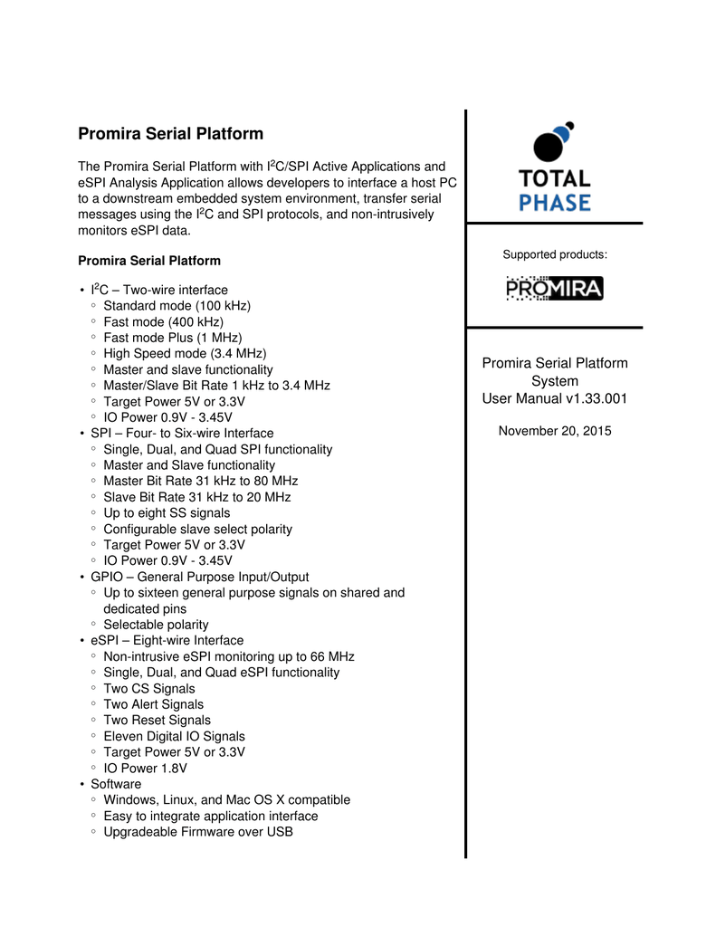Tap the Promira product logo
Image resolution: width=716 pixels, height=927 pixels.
[554, 289]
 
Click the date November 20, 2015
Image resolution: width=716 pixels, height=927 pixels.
[555, 431]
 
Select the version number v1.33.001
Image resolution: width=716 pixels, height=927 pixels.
[596, 398]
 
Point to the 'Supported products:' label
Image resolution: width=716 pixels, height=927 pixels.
[555, 254]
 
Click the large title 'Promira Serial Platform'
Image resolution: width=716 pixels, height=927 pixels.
[171, 134]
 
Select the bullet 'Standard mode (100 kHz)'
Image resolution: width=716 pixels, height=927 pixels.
[177, 306]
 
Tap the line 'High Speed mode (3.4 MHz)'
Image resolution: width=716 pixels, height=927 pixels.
[185, 354]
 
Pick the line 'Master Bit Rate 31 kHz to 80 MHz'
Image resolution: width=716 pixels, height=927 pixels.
[200, 481]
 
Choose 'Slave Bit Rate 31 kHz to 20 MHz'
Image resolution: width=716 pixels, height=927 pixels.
[196, 497]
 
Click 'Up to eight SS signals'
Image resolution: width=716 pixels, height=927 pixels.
[167, 513]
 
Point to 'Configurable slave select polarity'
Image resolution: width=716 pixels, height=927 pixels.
[197, 529]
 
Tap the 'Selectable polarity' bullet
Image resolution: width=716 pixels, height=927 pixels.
[156, 625]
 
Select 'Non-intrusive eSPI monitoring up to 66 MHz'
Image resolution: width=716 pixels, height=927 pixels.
[229, 656]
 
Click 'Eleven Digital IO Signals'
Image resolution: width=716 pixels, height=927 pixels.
[174, 736]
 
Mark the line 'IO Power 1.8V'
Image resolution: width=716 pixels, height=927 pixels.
[145, 769]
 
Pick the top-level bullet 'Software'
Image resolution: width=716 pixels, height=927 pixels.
[116, 784]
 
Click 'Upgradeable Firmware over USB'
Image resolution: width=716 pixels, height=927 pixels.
[198, 832]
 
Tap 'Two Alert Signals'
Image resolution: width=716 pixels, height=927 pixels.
[153, 704]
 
